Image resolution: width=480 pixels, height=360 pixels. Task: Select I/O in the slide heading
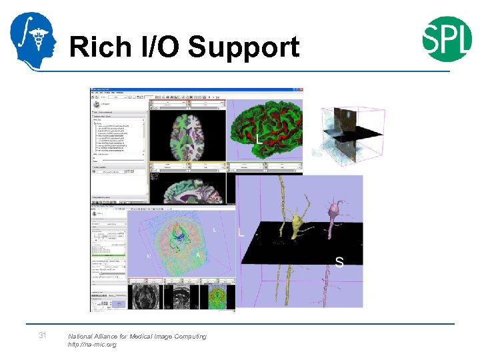coord(160,48)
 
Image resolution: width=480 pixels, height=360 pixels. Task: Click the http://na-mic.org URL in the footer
coord(92,345)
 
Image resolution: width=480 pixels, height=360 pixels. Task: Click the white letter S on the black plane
coord(339,262)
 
